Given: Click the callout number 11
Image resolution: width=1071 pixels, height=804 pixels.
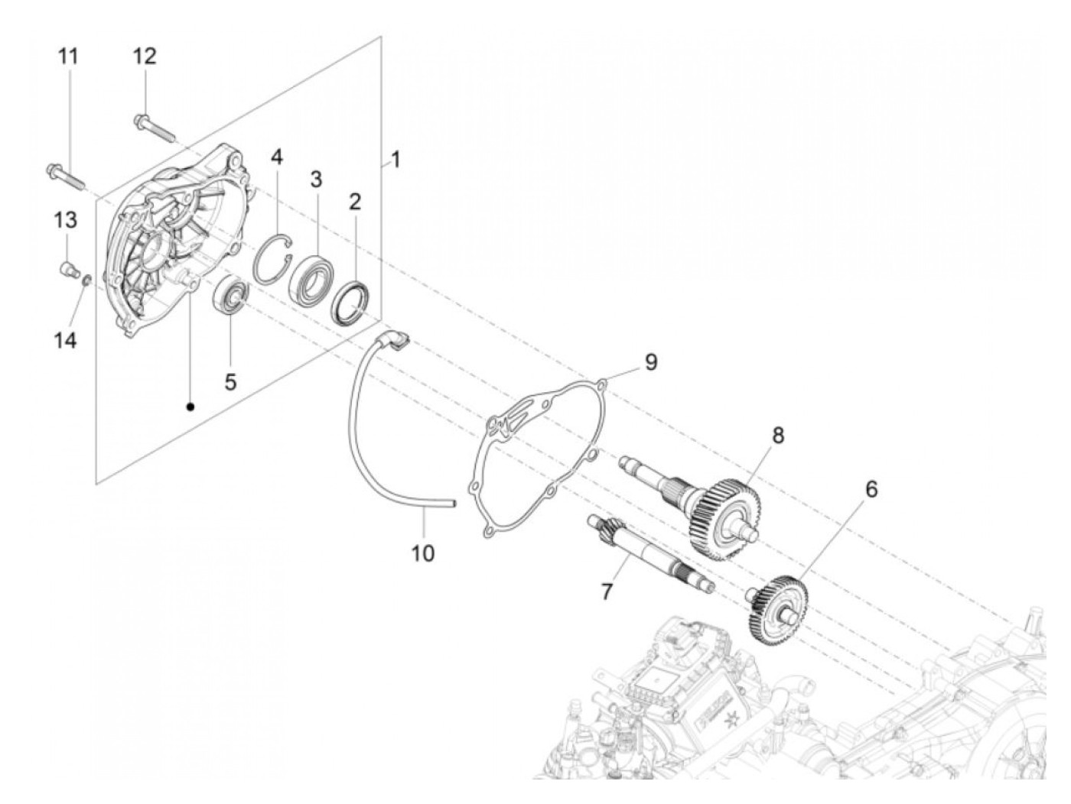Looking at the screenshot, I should [x=69, y=57].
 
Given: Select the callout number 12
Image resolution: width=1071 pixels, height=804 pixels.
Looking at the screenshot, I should [x=144, y=57].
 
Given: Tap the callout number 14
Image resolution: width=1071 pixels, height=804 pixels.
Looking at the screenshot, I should [x=65, y=339].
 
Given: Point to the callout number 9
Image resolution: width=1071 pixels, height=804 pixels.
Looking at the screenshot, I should [x=650, y=362].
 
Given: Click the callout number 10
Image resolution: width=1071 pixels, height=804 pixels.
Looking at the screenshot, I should [x=423, y=552].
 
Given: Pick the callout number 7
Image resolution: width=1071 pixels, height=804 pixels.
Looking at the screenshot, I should [x=607, y=591].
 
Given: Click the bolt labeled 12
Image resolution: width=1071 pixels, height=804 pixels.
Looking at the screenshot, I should [x=158, y=128].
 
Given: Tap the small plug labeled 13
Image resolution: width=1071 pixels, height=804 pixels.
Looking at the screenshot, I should [x=68, y=268].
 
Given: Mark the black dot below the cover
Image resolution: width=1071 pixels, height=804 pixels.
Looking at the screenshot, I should [x=190, y=407].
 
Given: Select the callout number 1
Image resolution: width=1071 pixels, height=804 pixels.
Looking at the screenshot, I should [x=395, y=160].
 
